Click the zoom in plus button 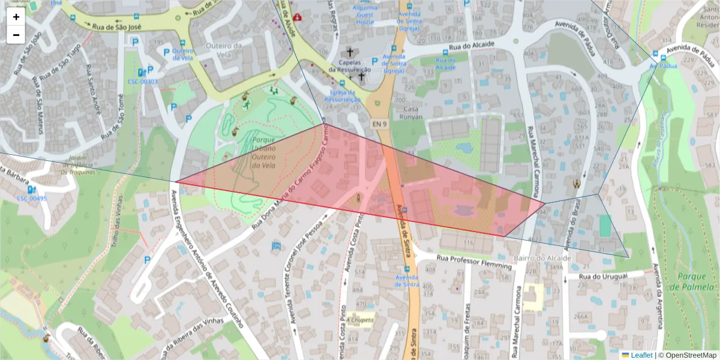(16, 17)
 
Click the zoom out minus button (16, 35)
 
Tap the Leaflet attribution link (641, 355)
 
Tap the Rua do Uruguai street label (604, 275)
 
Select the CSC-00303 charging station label (142, 82)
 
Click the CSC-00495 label (31, 199)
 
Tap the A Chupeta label (360, 320)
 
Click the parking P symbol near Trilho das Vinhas (147, 260)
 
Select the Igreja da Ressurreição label (342, 95)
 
